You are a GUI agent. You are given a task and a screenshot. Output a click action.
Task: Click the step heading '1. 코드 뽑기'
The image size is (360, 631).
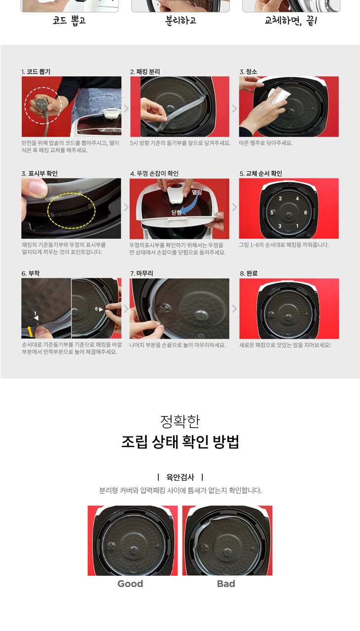pyautogui.click(x=36, y=71)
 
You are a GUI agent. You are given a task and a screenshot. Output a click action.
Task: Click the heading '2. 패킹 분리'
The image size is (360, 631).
pyautogui.click(x=145, y=71)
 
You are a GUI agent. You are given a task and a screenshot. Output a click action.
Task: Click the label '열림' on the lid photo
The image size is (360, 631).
pyautogui.click(x=197, y=192)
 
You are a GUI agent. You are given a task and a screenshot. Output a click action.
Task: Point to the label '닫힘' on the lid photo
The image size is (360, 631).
pyautogui.click(x=176, y=212)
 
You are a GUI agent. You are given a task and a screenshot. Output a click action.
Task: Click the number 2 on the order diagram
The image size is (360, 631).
pyautogui.click(x=280, y=199)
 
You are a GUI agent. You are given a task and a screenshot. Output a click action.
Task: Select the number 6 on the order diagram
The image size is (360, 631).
pyautogui.click(x=305, y=212)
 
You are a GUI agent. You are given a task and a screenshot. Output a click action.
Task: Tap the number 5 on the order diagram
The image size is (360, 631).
pyautogui.click(x=272, y=212)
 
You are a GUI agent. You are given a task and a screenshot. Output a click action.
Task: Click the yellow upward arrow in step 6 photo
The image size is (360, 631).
pyautogui.click(x=30, y=331)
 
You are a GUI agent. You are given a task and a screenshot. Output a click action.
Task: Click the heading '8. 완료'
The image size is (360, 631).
pyautogui.click(x=249, y=273)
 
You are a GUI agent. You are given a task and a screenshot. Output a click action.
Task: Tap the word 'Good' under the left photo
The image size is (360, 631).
pyautogui.click(x=130, y=583)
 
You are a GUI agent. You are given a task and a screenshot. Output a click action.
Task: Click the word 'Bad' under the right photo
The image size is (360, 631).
pyautogui.click(x=226, y=583)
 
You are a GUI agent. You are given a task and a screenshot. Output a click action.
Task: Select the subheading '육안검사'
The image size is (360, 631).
pyautogui.click(x=180, y=477)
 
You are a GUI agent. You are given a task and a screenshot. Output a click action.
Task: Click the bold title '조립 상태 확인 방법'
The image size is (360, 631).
pyautogui.click(x=180, y=441)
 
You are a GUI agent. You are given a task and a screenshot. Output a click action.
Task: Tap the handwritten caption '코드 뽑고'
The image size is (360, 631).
pyautogui.click(x=70, y=21)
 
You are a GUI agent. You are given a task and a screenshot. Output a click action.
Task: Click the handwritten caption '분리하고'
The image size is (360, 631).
pyautogui.click(x=180, y=21)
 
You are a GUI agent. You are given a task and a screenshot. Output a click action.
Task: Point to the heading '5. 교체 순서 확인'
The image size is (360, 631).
pyautogui.click(x=261, y=174)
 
